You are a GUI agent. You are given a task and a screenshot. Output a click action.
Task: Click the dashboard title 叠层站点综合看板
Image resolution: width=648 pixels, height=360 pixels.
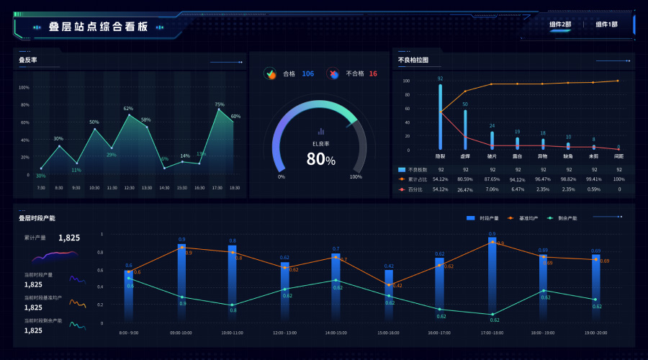click(98, 27)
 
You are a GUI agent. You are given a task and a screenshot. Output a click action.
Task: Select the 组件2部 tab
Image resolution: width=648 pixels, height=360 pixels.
click(560, 24)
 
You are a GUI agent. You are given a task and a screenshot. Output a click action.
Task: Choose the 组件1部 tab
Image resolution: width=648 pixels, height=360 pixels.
click(606, 24)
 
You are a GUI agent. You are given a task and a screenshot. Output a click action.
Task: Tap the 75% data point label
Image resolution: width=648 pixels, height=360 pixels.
click(220, 104)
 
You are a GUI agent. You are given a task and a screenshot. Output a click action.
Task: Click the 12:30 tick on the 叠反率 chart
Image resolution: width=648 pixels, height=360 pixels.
click(130, 187)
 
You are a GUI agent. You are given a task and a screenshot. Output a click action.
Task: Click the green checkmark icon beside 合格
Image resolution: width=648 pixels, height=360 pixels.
click(271, 73)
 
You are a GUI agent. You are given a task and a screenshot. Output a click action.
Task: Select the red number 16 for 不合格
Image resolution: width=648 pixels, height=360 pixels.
click(373, 73)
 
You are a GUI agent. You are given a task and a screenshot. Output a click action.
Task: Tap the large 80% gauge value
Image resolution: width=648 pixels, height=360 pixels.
click(320, 159)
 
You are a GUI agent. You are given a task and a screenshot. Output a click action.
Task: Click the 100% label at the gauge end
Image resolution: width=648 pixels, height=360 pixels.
click(356, 176)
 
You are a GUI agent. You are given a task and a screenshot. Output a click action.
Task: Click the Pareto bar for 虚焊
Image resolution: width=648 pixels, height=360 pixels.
click(465, 129)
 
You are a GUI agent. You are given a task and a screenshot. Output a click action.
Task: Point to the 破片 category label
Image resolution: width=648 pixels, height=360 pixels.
click(492, 156)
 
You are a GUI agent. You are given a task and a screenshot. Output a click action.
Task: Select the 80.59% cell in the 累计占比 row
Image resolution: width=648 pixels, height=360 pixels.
click(465, 179)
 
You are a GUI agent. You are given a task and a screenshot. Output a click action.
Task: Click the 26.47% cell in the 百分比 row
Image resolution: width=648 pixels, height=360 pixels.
click(465, 189)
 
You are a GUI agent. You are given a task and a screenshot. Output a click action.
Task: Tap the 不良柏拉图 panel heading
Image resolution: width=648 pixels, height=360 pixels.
click(413, 60)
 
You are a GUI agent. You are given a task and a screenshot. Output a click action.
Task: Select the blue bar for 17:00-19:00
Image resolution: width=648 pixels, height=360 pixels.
click(492, 277)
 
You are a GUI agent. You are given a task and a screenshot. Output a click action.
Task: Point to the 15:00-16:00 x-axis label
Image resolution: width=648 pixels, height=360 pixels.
click(389, 333)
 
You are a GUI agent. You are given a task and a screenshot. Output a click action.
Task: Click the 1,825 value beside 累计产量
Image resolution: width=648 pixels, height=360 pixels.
click(69, 238)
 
